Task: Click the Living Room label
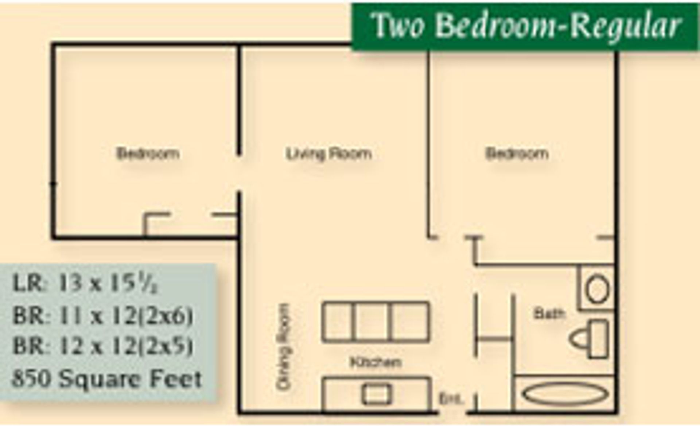coord(329,154)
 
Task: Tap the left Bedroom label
coord(148,154)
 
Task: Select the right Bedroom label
coord(517,154)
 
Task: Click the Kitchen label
coord(376,362)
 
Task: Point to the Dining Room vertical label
coord(284,347)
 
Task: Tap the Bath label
coord(549,314)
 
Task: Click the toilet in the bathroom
coord(589,339)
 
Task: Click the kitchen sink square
coord(377,395)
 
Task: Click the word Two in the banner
coord(399,26)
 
